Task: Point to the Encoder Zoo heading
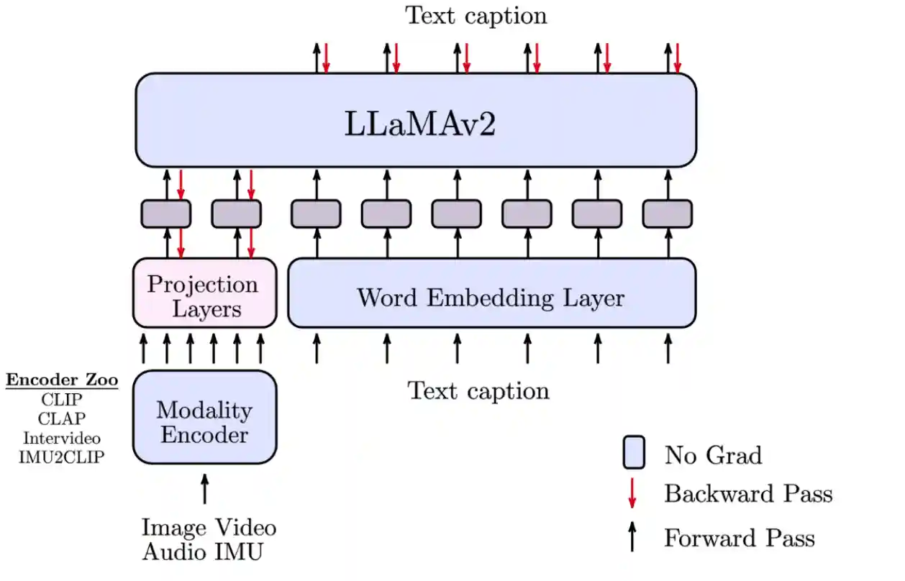pos(62,380)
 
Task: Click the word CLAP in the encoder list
pos(62,418)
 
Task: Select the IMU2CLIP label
pos(62,457)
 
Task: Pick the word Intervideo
pos(62,437)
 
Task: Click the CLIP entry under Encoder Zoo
pos(62,400)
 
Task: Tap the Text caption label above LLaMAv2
pos(476,15)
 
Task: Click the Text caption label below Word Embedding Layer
pos(478,390)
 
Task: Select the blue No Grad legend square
pos(634,452)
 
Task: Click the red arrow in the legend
pos(632,493)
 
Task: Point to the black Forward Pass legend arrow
pos(632,537)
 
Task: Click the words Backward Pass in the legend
pos(748,494)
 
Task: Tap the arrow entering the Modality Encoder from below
pos(205,489)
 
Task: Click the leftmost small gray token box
pos(165,214)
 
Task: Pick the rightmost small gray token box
pos(668,214)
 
